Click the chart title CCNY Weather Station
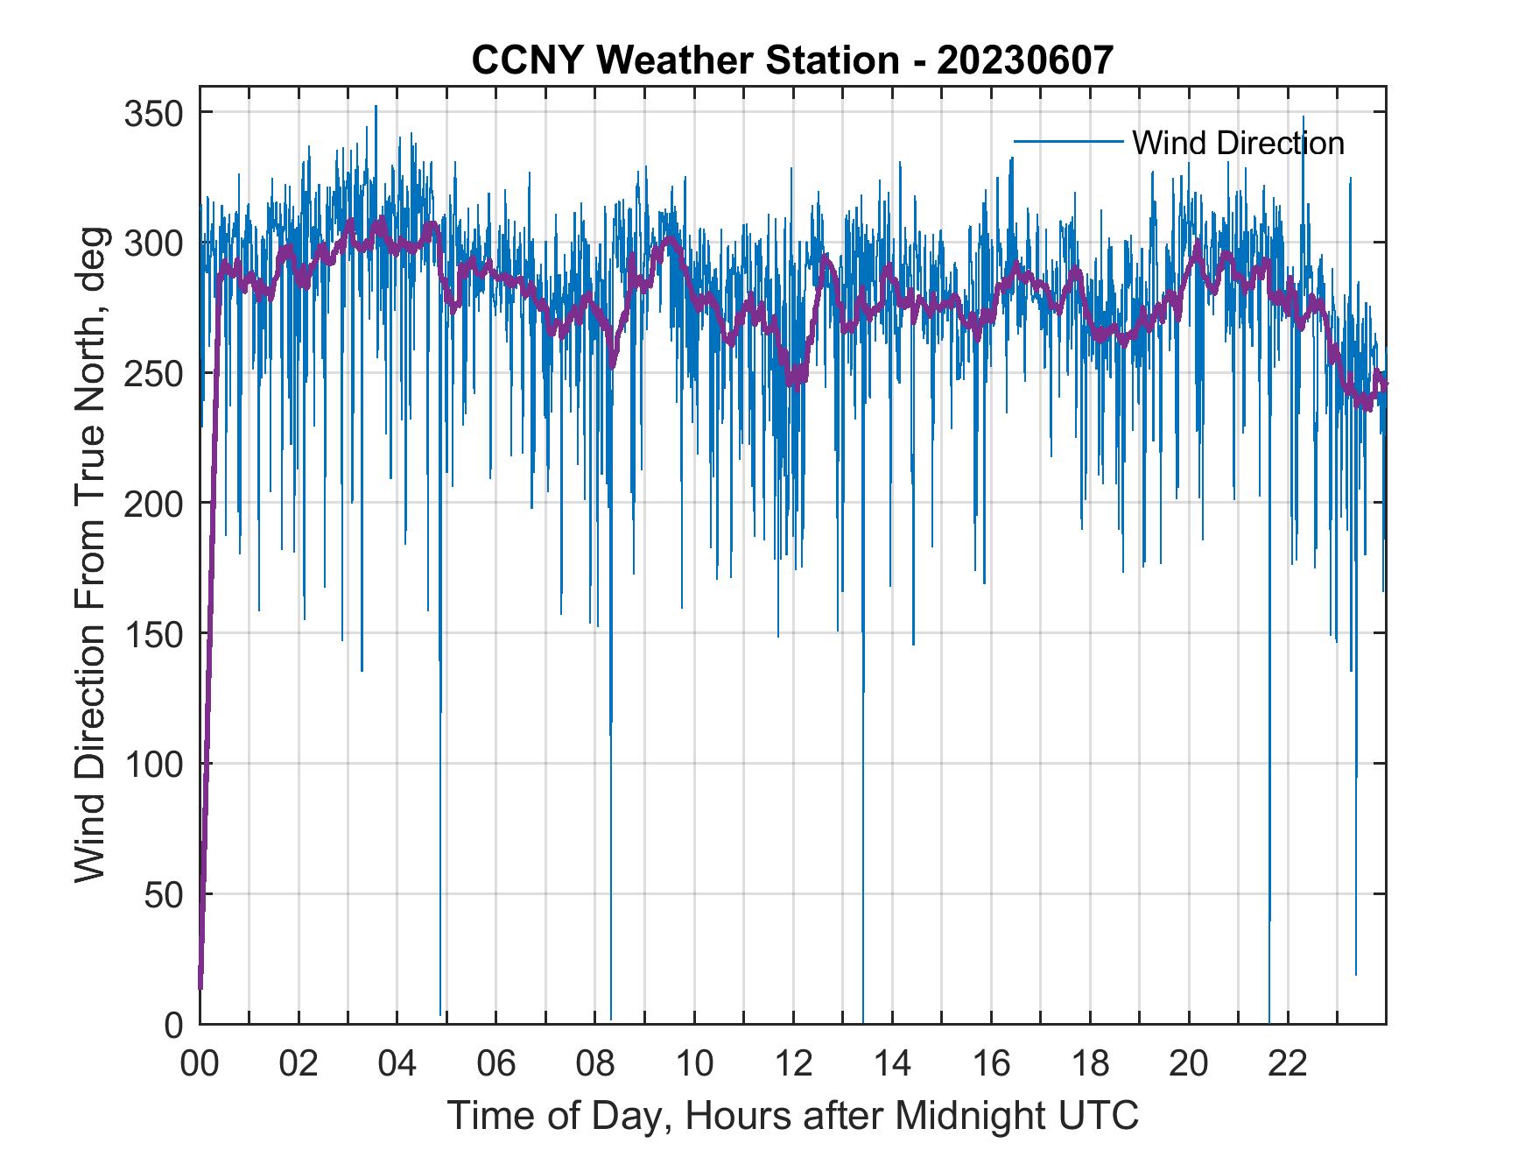pyautogui.click(x=685, y=60)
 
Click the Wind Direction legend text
pyautogui.click(x=1238, y=143)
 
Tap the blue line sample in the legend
pyautogui.click(x=1068, y=141)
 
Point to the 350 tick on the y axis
pyautogui.click(x=153, y=113)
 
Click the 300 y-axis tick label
pyautogui.click(x=153, y=243)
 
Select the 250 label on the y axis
pyautogui.click(x=153, y=374)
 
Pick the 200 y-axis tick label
pyautogui.click(x=153, y=504)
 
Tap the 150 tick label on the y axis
pyautogui.click(x=153, y=634)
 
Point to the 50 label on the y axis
pyautogui.click(x=164, y=894)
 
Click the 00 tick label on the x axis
pyautogui.click(x=200, y=1064)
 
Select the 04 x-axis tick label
pyautogui.click(x=397, y=1064)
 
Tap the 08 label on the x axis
pyautogui.click(x=595, y=1064)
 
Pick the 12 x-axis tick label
pyautogui.click(x=793, y=1064)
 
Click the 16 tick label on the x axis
pyautogui.click(x=991, y=1064)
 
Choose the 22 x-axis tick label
pyautogui.click(x=1288, y=1064)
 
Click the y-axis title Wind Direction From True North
pyautogui.click(x=90, y=554)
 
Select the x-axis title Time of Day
pyautogui.click(x=793, y=1115)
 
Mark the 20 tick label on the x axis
pyautogui.click(x=1189, y=1064)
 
